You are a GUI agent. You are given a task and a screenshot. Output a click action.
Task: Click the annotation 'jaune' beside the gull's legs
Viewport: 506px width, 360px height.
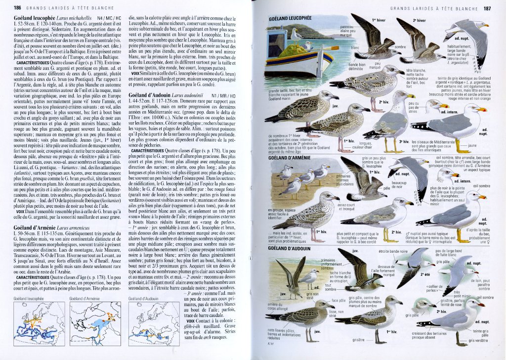tap(472, 146)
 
